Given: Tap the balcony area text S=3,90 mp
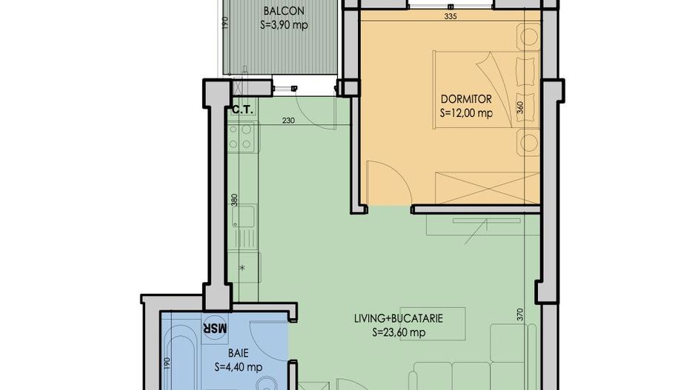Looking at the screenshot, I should point(284,24).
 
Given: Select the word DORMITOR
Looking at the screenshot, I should point(466,99).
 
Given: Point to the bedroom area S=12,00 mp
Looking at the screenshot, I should point(466,113).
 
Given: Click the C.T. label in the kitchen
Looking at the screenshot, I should point(243,110).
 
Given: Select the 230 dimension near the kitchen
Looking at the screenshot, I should point(289,121).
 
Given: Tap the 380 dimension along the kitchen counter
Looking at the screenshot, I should point(233,200).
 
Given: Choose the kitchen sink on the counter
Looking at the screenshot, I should point(242,216).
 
